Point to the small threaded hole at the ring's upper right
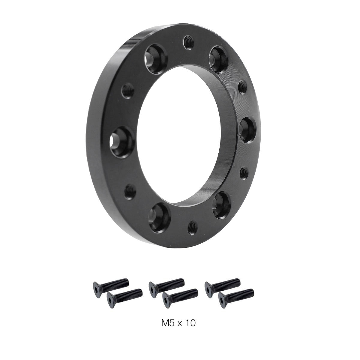click(242, 87)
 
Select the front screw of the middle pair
click(180, 295)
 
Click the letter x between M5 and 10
click(179, 324)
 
